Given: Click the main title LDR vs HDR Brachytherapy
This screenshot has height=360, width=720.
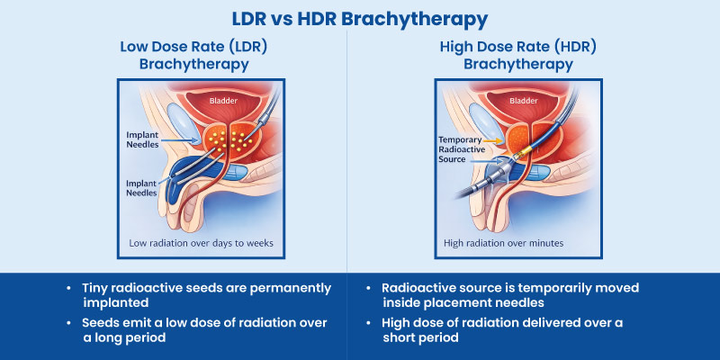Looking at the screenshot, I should (x=360, y=18).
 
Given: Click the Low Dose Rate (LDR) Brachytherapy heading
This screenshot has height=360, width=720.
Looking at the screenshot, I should (x=193, y=56).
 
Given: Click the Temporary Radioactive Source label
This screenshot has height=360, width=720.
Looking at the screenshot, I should (x=464, y=149).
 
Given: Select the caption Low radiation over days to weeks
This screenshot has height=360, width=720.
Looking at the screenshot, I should (x=199, y=243).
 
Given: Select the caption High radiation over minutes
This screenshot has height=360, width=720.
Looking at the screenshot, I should (x=503, y=243).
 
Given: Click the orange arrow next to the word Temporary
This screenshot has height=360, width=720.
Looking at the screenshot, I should (x=496, y=139).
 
